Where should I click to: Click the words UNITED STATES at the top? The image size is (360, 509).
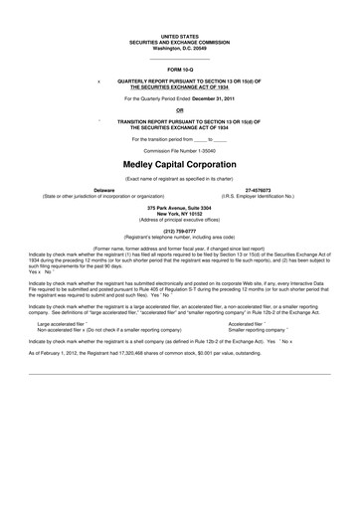(180, 35)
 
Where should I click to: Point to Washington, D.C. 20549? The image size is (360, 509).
(180, 47)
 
